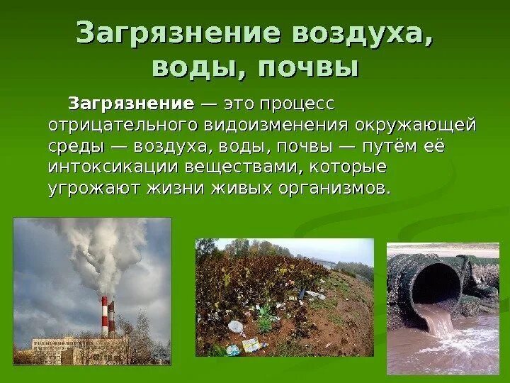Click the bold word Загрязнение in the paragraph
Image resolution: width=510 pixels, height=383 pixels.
coord(130,104)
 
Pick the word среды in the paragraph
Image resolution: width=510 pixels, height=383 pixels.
coord(76,147)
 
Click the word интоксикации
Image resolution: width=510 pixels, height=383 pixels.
coord(113,168)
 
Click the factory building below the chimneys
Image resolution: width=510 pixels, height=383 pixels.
coord(78,348)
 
